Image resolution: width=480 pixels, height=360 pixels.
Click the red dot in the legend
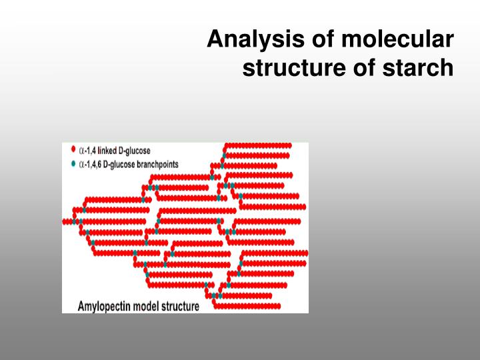(73, 149)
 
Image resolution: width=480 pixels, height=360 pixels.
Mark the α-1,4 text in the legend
(88, 150)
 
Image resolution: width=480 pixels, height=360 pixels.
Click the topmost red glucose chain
(256, 145)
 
